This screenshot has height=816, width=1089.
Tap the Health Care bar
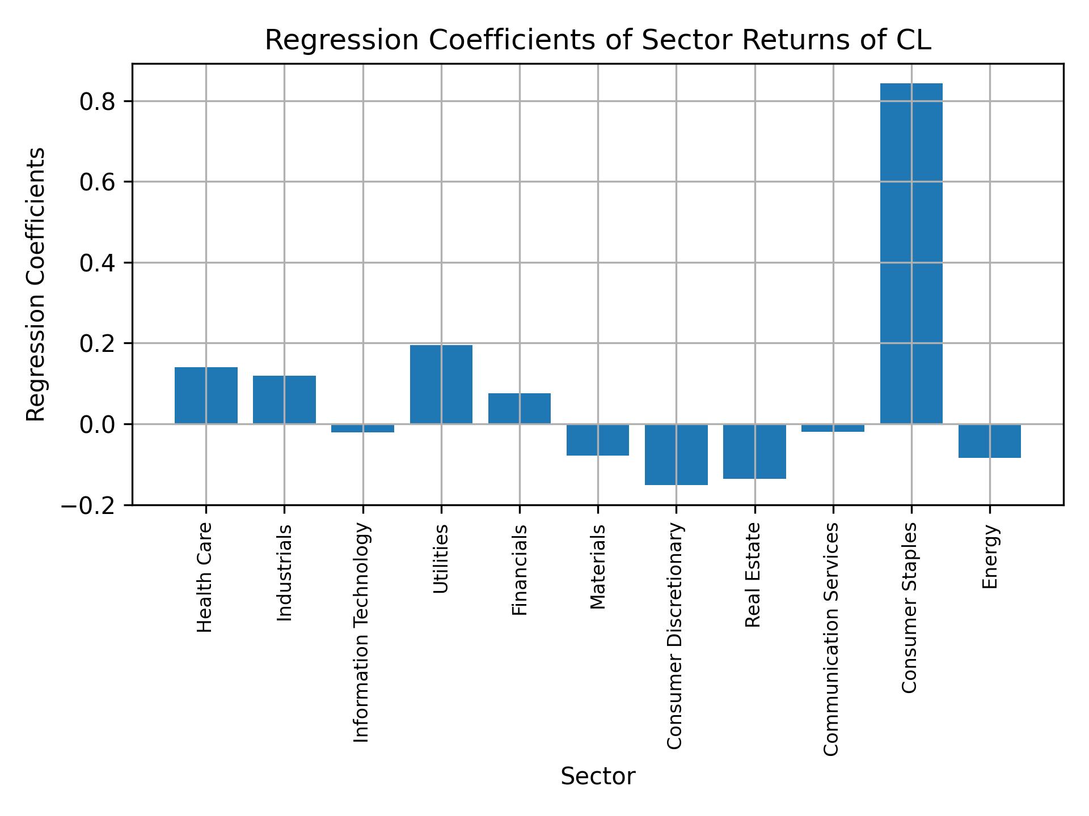[206, 396]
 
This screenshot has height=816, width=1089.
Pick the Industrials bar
[284, 399]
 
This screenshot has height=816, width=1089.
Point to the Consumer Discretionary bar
[676, 454]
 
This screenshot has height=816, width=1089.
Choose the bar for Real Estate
[754, 451]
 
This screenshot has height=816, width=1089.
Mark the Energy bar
[989, 441]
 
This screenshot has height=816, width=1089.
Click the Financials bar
[519, 408]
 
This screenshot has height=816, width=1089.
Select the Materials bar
[598, 440]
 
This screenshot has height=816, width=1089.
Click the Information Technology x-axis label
[362, 632]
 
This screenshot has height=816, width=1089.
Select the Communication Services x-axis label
[831, 639]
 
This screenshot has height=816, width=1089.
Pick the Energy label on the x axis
[990, 557]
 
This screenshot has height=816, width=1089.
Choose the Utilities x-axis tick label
[441, 559]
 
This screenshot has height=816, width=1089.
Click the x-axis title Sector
[598, 777]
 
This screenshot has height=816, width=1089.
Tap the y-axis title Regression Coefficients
[37, 284]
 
